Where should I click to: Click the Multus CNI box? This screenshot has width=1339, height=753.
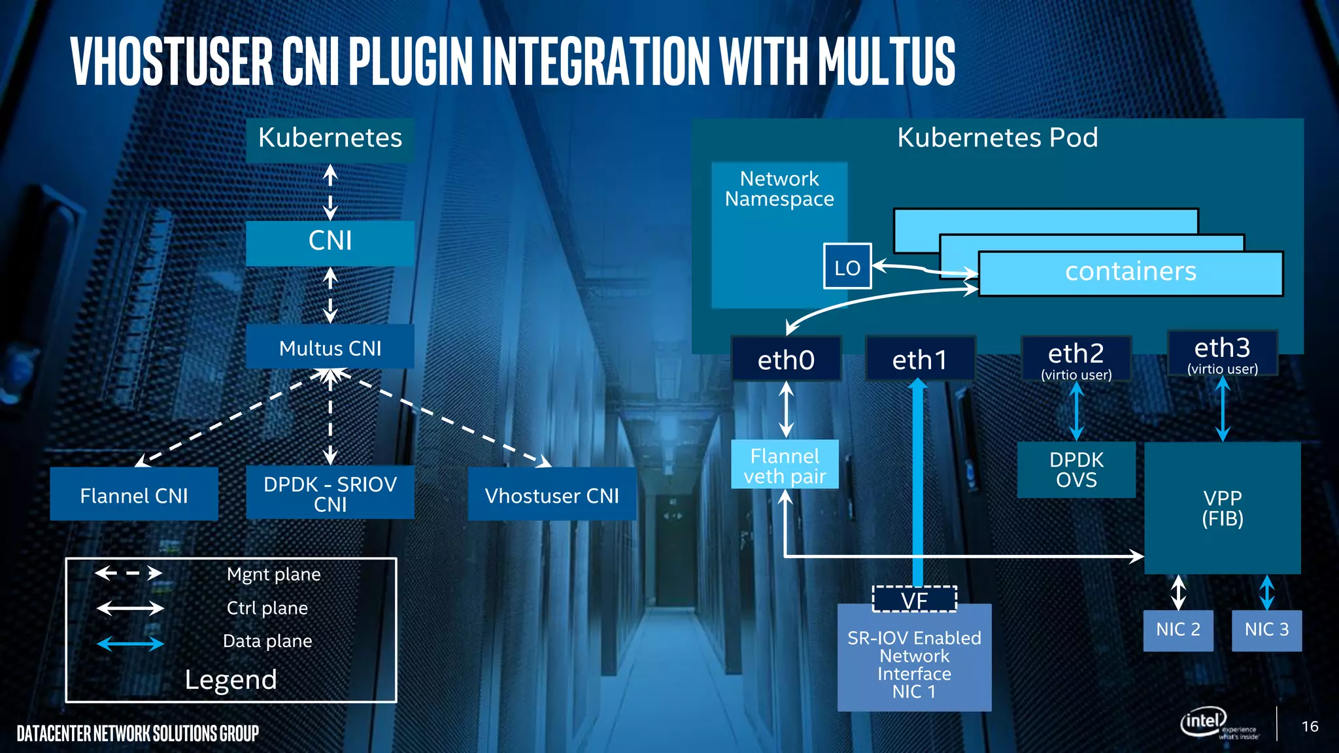click(x=330, y=347)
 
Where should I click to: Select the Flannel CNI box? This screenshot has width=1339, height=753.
click(x=133, y=495)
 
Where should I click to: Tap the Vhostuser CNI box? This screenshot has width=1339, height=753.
click(x=551, y=495)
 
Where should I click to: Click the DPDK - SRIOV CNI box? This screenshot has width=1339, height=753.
click(x=330, y=493)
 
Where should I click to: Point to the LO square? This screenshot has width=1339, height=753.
click(x=847, y=267)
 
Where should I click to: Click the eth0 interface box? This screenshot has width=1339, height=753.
click(x=786, y=359)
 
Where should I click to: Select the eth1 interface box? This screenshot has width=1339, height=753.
click(x=919, y=359)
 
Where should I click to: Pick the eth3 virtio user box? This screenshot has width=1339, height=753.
click(x=1222, y=354)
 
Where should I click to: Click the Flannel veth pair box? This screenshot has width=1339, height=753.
click(x=785, y=465)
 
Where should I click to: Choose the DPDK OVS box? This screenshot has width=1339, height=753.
click(x=1076, y=469)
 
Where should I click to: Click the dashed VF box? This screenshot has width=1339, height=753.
click(x=914, y=599)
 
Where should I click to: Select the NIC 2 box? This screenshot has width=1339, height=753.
click(x=1178, y=629)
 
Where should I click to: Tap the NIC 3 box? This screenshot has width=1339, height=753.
click(x=1266, y=629)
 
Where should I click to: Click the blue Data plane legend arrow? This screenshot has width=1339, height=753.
click(x=130, y=644)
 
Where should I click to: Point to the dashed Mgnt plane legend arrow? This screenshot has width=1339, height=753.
click(x=129, y=573)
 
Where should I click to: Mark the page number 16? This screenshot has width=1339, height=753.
click(x=1310, y=726)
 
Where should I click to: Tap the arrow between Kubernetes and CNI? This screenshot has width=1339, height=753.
click(x=330, y=192)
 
